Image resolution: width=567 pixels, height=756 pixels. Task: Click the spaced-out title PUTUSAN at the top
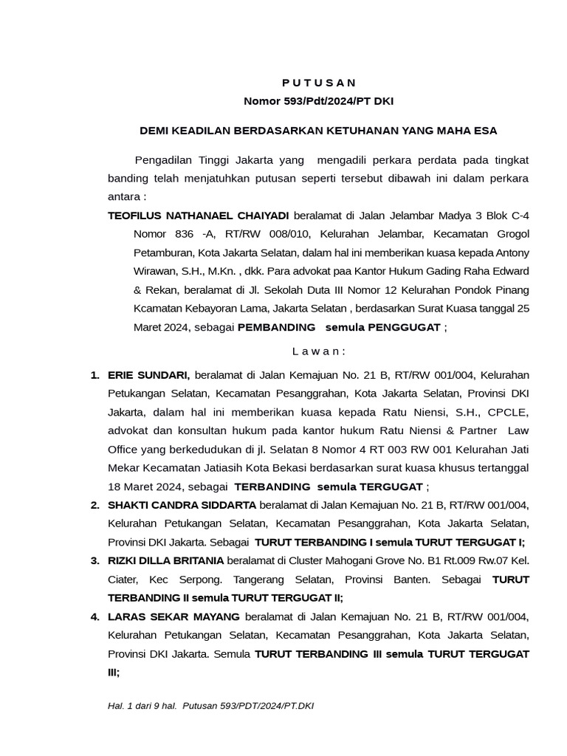pyautogui.click(x=318, y=82)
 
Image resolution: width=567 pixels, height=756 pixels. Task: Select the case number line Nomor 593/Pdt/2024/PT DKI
pyautogui.click(x=318, y=101)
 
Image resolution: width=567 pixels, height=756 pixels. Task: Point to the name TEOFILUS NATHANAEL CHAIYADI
pyautogui.click(x=199, y=216)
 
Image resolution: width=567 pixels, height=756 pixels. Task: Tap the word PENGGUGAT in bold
pyautogui.click(x=405, y=326)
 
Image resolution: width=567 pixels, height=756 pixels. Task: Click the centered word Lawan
pyautogui.click(x=318, y=351)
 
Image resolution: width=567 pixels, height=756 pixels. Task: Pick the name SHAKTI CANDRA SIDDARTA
pyautogui.click(x=182, y=505)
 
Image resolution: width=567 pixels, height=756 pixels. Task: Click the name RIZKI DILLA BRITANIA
pyautogui.click(x=166, y=560)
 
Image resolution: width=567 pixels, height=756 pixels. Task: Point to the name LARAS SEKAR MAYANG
pyautogui.click(x=173, y=616)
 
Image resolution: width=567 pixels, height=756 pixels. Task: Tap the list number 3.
pyautogui.click(x=94, y=560)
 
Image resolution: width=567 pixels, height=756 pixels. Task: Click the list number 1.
pyautogui.click(x=94, y=375)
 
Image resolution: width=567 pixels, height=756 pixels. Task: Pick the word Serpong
pyautogui.click(x=210, y=580)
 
